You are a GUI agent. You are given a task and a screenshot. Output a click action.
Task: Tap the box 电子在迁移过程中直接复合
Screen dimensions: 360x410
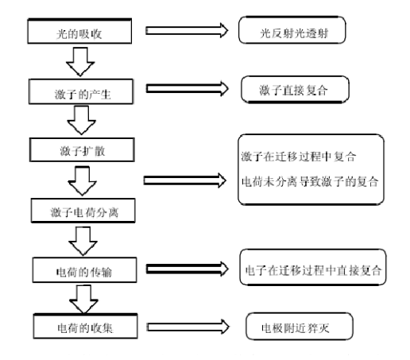(x=312, y=270)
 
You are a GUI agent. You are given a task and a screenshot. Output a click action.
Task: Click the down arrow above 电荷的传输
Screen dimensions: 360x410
(x=83, y=238)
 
